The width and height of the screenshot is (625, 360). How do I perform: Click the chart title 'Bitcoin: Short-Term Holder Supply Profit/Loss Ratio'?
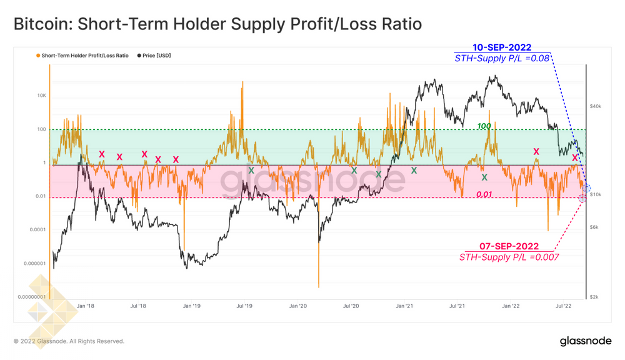217,24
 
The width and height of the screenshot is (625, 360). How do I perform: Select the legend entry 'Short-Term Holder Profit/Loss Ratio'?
85,56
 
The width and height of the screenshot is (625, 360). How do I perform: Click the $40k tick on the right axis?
596,106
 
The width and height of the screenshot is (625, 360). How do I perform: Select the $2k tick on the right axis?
594,297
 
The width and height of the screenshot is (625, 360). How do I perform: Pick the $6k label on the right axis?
594,227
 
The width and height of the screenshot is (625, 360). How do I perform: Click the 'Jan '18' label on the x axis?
85,306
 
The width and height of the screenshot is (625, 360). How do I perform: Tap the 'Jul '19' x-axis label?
244,306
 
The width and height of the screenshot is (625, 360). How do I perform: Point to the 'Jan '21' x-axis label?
404,306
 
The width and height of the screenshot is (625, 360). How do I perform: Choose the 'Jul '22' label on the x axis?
564,306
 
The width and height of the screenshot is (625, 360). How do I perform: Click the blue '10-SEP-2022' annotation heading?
502,47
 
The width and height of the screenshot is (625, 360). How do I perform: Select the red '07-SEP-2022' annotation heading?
509,246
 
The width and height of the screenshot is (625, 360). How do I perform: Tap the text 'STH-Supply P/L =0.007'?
509,257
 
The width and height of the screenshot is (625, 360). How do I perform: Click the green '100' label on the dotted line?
484,126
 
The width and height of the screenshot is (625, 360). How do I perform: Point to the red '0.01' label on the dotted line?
484,194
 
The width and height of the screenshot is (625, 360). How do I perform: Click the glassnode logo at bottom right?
586,341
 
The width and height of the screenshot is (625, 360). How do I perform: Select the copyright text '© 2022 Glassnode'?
69,341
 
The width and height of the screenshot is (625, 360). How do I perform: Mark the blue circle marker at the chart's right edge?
586,188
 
